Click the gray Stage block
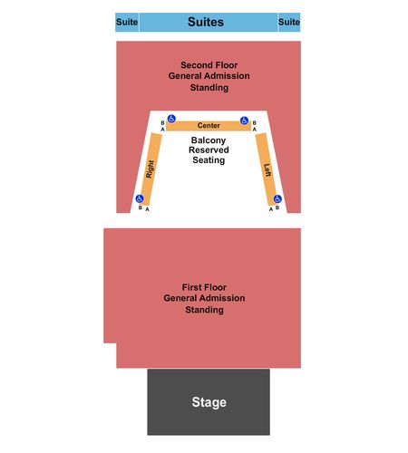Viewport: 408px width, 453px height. click(x=209, y=402)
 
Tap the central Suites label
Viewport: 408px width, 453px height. click(x=206, y=22)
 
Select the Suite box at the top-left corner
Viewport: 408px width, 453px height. click(x=127, y=22)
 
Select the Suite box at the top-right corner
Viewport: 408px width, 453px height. click(x=289, y=22)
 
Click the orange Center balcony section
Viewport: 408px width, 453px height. click(x=209, y=126)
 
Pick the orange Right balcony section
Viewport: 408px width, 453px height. click(x=151, y=169)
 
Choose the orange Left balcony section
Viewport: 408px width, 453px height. click(x=266, y=169)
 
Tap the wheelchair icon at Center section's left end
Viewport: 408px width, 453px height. click(x=171, y=119)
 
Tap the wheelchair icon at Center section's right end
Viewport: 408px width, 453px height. click(x=244, y=120)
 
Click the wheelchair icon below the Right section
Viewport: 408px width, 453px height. click(x=140, y=198)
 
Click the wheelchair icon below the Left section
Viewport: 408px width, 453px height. click(x=277, y=198)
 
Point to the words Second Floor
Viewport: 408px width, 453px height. click(x=209, y=65)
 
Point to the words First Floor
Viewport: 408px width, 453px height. click(x=204, y=287)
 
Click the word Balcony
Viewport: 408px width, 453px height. click(x=209, y=140)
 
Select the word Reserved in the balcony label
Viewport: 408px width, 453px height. click(x=209, y=149)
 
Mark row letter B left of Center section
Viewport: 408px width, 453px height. click(x=162, y=123)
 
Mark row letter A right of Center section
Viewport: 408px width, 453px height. click(x=255, y=130)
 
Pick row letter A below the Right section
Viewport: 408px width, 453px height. click(x=147, y=209)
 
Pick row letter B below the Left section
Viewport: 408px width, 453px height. click(x=277, y=207)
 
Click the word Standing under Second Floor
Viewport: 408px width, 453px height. click(x=209, y=88)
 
